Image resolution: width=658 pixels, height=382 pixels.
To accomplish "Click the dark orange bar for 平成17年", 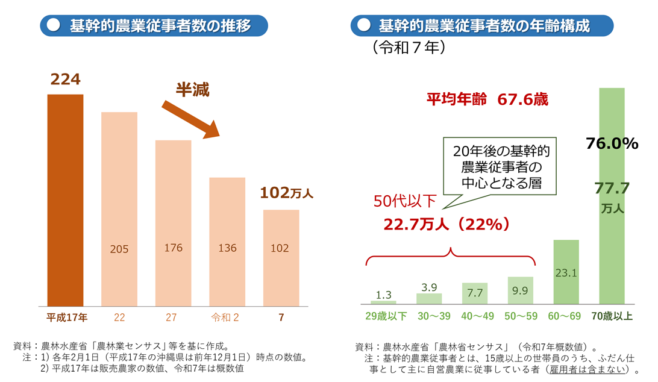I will (x=65, y=200).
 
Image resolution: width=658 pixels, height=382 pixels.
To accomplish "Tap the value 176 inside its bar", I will (x=173, y=248).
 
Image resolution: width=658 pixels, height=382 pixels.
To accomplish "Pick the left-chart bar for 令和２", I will (x=227, y=241).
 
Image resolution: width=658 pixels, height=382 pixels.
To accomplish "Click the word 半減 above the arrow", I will (x=192, y=90).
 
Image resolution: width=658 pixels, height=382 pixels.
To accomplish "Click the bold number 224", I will (x=66, y=80).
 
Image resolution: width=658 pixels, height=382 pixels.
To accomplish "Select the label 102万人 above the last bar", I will (x=287, y=193).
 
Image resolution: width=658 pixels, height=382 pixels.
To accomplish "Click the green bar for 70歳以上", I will (x=612, y=196).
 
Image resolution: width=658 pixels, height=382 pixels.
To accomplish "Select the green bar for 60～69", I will (x=566, y=272).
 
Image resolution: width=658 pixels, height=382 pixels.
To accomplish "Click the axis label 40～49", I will (x=475, y=316).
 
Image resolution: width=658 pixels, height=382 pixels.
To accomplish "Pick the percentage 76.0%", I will (x=612, y=143).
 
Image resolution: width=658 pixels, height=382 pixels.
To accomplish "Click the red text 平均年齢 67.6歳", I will (x=487, y=99).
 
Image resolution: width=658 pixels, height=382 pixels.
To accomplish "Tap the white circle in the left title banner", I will (x=54, y=25).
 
